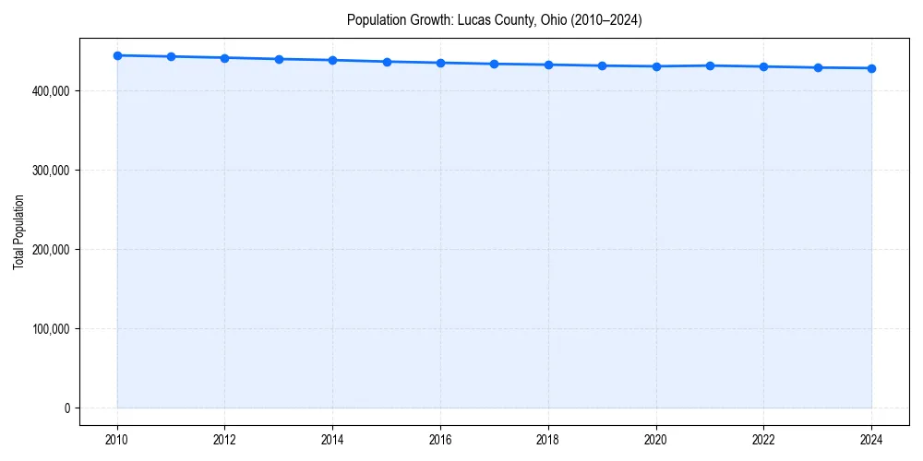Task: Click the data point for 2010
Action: pyautogui.click(x=117, y=55)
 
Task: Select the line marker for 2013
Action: pyautogui.click(x=279, y=59)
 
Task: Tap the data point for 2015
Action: pyautogui.click(x=387, y=62)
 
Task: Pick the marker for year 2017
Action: pyautogui.click(x=494, y=64)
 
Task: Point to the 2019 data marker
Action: pyautogui.click(x=602, y=65)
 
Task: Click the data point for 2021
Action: pyautogui.click(x=710, y=65)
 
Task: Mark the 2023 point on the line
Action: pyautogui.click(x=818, y=67)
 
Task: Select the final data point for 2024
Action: pyautogui.click(x=871, y=68)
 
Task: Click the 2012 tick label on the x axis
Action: pyautogui.click(x=224, y=440)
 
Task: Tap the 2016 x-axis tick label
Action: pyautogui.click(x=440, y=440)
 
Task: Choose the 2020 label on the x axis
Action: pyautogui.click(x=655, y=440)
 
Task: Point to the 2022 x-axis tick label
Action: pyautogui.click(x=763, y=440)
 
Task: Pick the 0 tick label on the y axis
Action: pyautogui.click(x=66, y=408)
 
